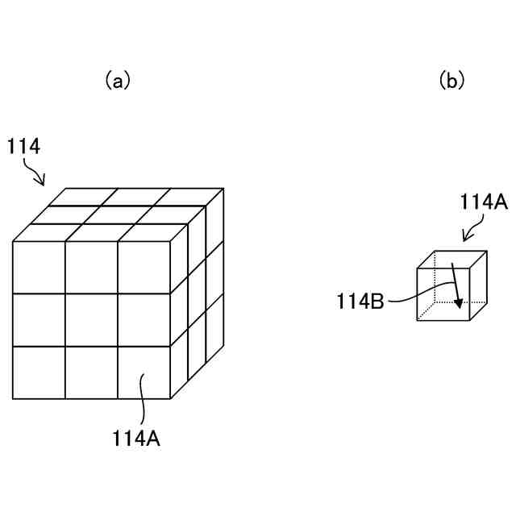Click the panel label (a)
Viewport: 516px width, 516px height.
(118, 81)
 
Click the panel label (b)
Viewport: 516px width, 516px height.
(452, 81)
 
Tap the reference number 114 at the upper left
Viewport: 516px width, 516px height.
(24, 147)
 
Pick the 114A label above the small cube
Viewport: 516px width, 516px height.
(483, 202)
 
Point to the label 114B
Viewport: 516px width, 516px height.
(360, 302)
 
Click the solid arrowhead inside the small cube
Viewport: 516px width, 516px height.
(458, 303)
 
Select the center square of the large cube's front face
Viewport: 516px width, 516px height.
(91, 320)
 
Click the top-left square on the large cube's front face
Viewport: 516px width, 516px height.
(39, 268)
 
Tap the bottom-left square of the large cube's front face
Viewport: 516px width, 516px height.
(39, 372)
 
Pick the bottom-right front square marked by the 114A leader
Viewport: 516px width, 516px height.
(144, 372)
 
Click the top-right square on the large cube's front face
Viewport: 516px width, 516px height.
(144, 268)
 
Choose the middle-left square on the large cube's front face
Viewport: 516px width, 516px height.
(39, 320)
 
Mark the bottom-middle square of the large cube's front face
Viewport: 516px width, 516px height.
(91, 372)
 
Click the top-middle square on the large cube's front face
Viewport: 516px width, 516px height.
(91, 268)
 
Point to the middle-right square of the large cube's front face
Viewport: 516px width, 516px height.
(144, 320)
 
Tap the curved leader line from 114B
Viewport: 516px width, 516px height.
(415, 293)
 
